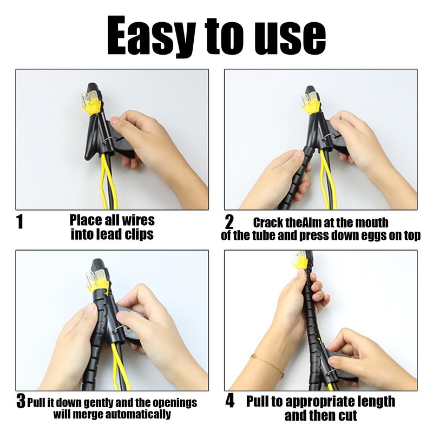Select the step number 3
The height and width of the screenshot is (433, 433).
pyautogui.click(x=21, y=403)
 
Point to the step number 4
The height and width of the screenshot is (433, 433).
pyautogui.click(x=229, y=402)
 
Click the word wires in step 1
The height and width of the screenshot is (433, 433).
pyautogui.click(x=135, y=221)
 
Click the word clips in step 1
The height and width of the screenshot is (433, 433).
pyautogui.click(x=137, y=234)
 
